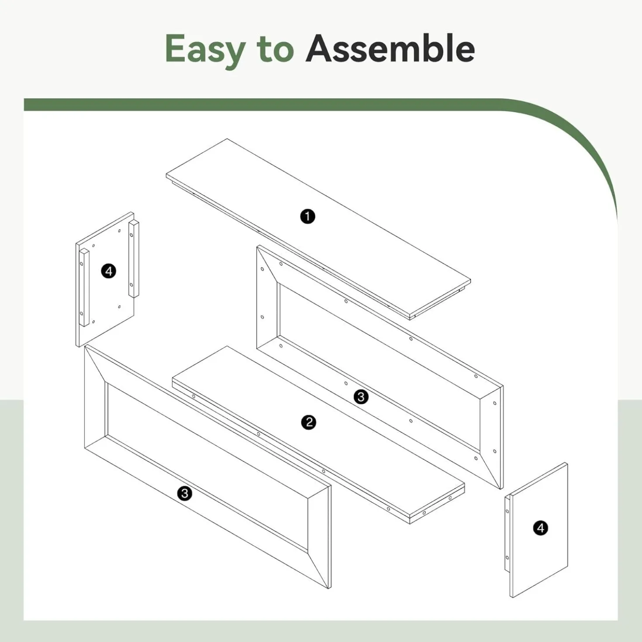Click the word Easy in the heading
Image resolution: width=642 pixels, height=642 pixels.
[205, 51]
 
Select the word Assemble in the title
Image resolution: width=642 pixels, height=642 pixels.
[390, 48]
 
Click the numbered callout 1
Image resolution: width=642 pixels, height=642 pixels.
[307, 216]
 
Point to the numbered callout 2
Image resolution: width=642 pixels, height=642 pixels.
[309, 422]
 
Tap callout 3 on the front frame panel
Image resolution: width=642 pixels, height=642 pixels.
[185, 493]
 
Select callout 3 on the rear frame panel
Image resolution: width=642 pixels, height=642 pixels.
[361, 397]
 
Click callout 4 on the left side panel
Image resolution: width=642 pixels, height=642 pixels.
[109, 271]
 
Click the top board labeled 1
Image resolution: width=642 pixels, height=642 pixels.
[318, 229]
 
